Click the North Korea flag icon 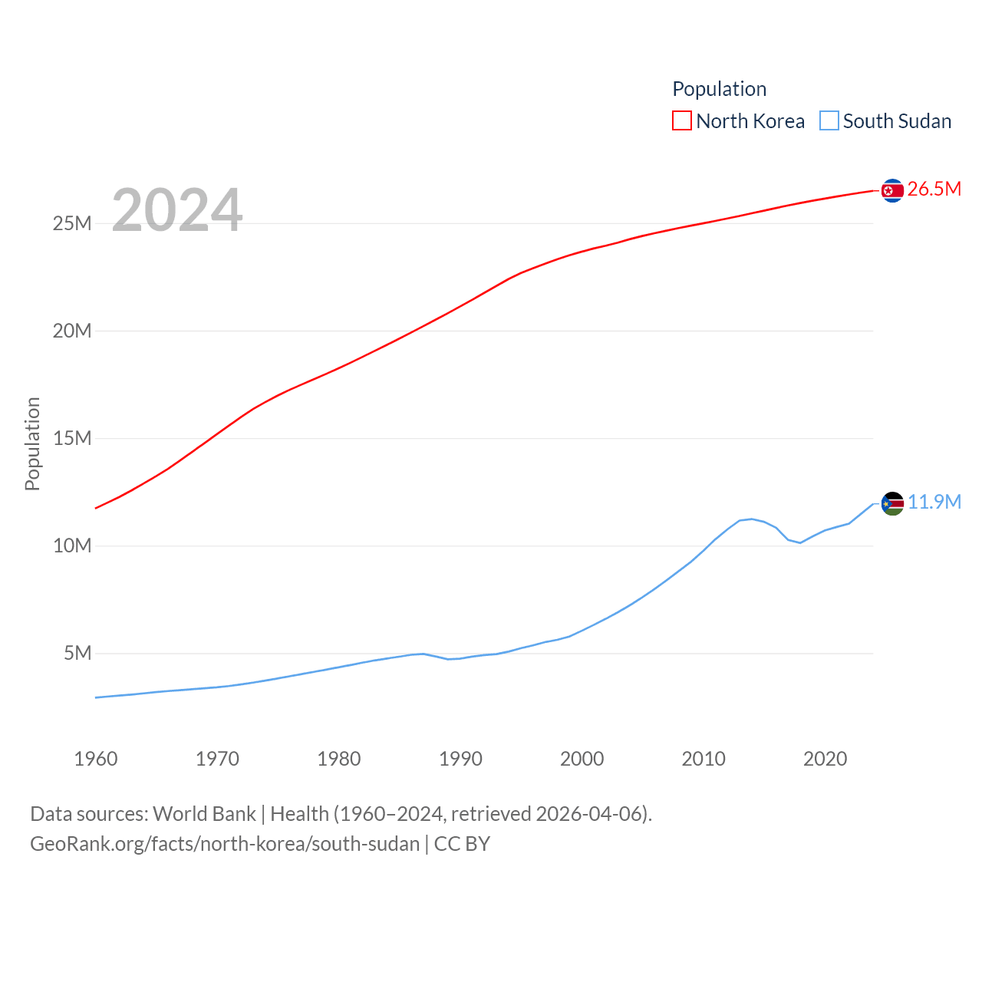(x=892, y=190)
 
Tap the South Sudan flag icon (x=892, y=503)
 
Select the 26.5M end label (x=934, y=189)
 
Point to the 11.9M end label (x=934, y=502)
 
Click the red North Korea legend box (x=681, y=121)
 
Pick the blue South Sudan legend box (x=829, y=121)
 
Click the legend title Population (x=719, y=89)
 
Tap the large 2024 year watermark (x=177, y=209)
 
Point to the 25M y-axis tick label (x=72, y=223)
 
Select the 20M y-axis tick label (x=72, y=331)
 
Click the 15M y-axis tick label (x=72, y=438)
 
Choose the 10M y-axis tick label (x=72, y=545)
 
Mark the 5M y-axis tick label (x=77, y=653)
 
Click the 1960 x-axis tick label (x=96, y=759)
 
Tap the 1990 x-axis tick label (x=460, y=759)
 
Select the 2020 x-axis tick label (x=825, y=759)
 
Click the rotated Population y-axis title (x=32, y=443)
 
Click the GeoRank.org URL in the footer (x=225, y=844)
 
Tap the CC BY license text (x=462, y=844)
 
